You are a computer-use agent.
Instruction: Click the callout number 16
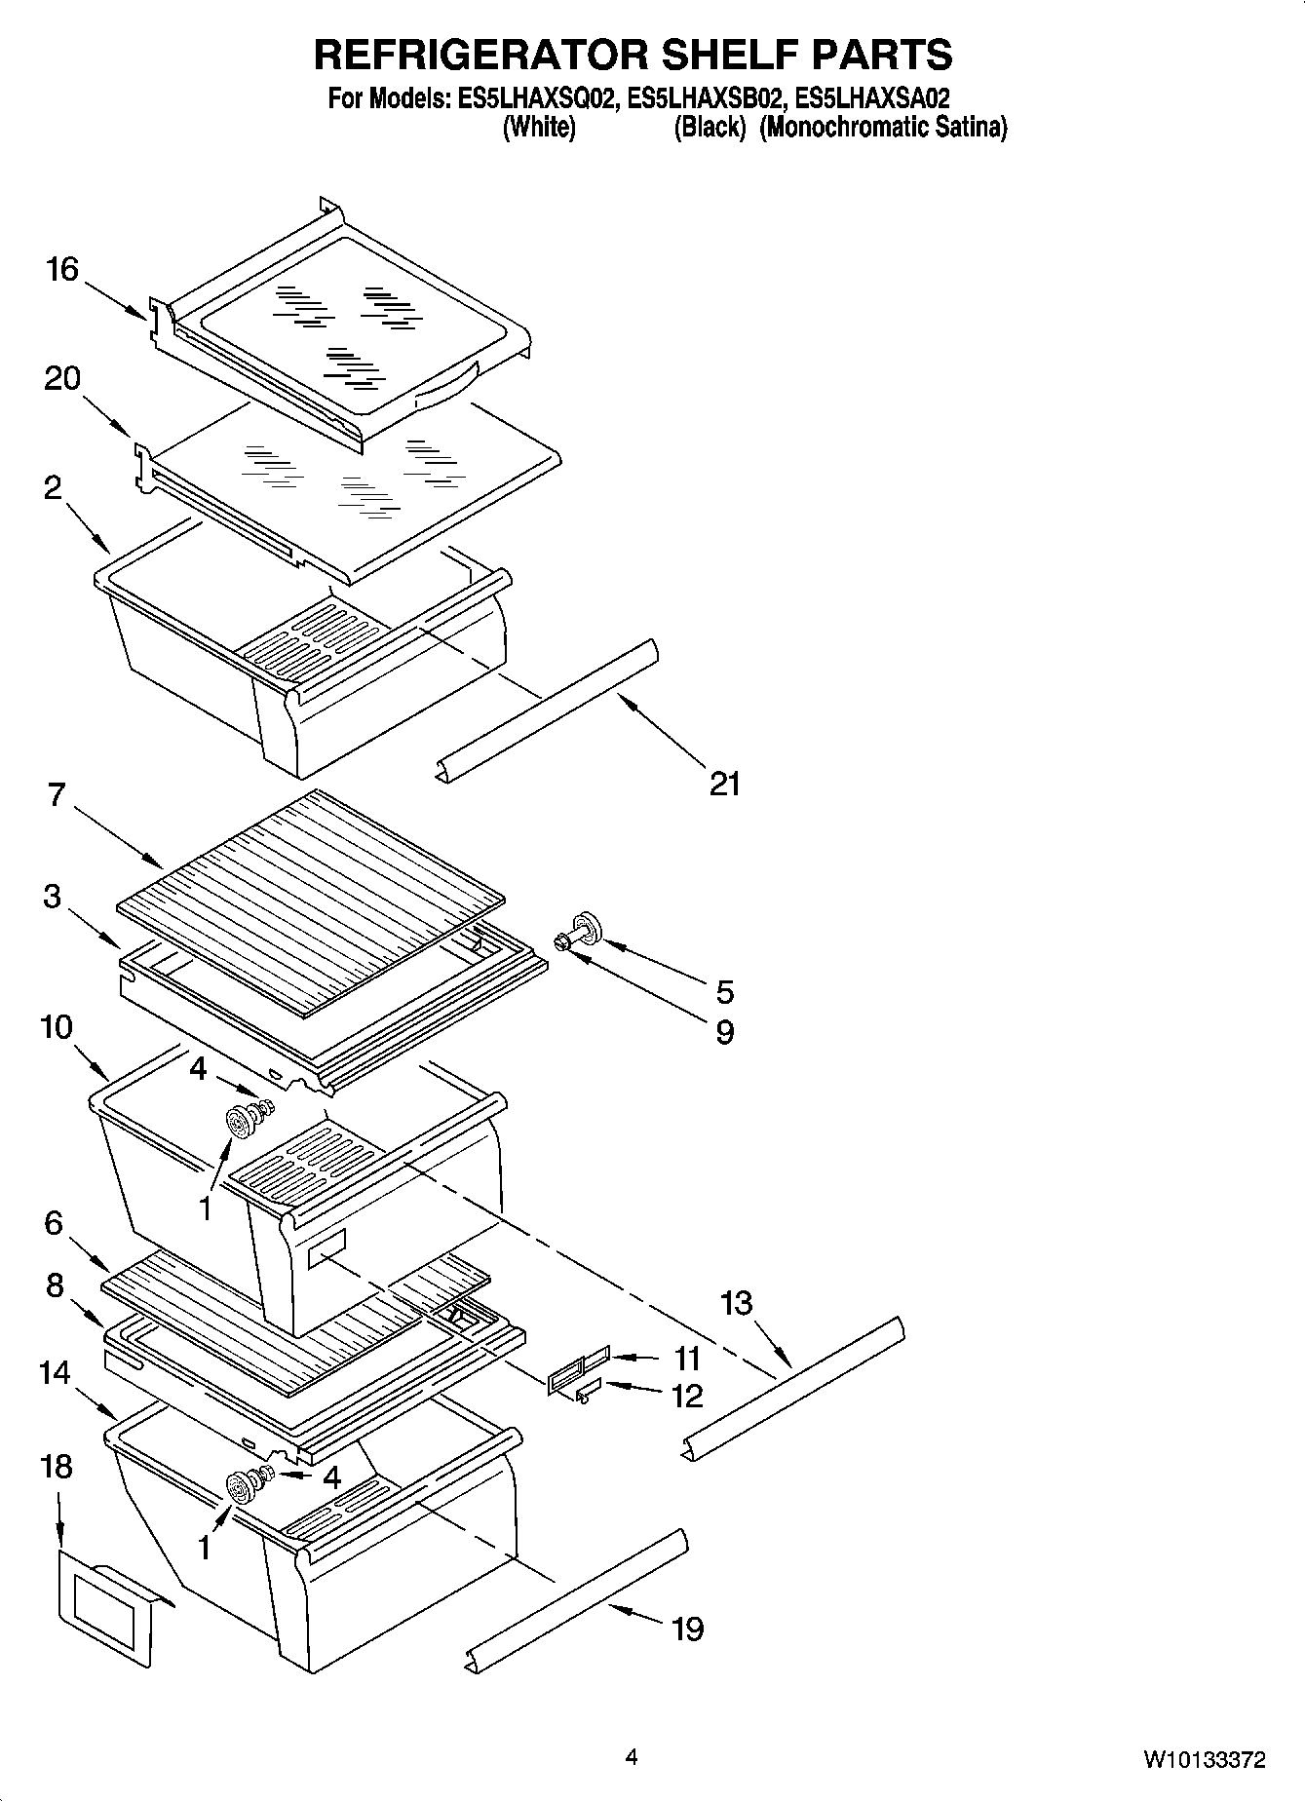coord(62,269)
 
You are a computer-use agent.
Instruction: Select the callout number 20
coord(62,378)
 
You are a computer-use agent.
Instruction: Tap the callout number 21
coord(724,783)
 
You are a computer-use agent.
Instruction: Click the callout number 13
coord(737,1302)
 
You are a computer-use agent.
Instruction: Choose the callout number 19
coord(688,1628)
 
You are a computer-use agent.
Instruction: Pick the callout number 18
coord(57,1466)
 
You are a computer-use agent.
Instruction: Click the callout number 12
coord(687,1396)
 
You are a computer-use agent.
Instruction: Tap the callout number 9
coord(724,1032)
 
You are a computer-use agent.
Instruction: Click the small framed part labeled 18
coord(107,1608)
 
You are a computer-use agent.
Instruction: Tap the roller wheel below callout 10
coord(239,1124)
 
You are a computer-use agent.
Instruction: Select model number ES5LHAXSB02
coord(706,98)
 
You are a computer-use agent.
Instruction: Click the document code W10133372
coord(1205,1760)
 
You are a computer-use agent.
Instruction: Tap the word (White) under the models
coord(538,128)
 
